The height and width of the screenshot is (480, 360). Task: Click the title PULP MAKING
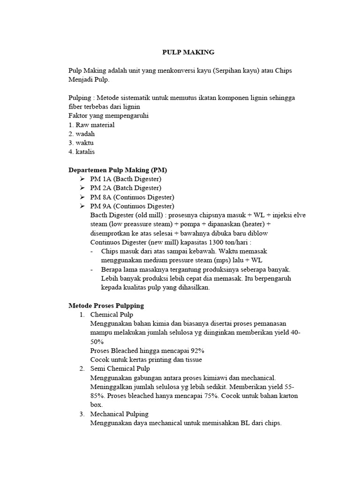pos(188,52)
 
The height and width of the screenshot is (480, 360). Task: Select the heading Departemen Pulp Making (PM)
pos(118,170)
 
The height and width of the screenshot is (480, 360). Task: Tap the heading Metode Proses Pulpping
pos(106,305)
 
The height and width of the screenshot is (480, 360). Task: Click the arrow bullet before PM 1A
pos(82,179)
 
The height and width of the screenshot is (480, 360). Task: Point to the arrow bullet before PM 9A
pos(82,206)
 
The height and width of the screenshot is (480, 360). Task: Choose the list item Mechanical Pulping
pos(119,414)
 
